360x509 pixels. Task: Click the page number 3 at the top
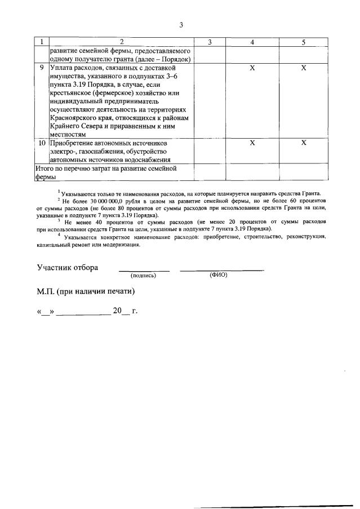click(181, 25)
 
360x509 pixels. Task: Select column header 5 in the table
click(303, 42)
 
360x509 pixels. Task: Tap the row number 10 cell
click(42, 144)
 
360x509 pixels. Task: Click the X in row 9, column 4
click(252, 68)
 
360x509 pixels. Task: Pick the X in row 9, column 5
click(303, 68)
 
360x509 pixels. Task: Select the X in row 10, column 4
click(252, 144)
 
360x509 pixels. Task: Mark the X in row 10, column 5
click(303, 144)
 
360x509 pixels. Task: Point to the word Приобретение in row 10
click(75, 144)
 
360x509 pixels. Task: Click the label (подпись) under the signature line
click(143, 276)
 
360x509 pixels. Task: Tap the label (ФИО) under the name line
click(217, 275)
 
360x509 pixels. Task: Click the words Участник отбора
click(67, 267)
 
